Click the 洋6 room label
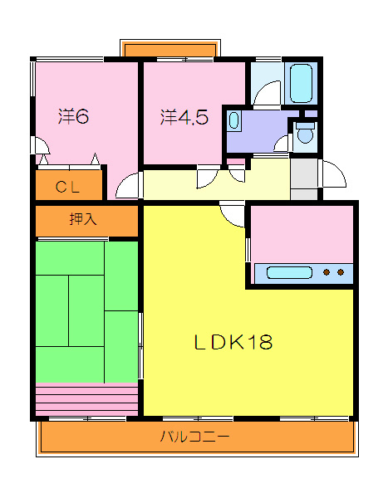tap(73, 116)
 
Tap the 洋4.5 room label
tap(184, 117)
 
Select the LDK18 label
tap(233, 342)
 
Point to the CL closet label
tap(67, 187)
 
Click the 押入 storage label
tap(83, 219)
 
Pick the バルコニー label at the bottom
tap(194, 437)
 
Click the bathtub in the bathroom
tap(301, 83)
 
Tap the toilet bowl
tap(305, 133)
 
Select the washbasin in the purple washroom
tap(233, 120)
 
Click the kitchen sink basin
tap(289, 273)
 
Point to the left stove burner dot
tap(327, 272)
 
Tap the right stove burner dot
tap(341, 272)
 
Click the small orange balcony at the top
tap(170, 50)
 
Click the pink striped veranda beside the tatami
tap(86, 399)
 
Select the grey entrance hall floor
tap(304, 178)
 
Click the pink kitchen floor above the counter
tap(302, 234)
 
